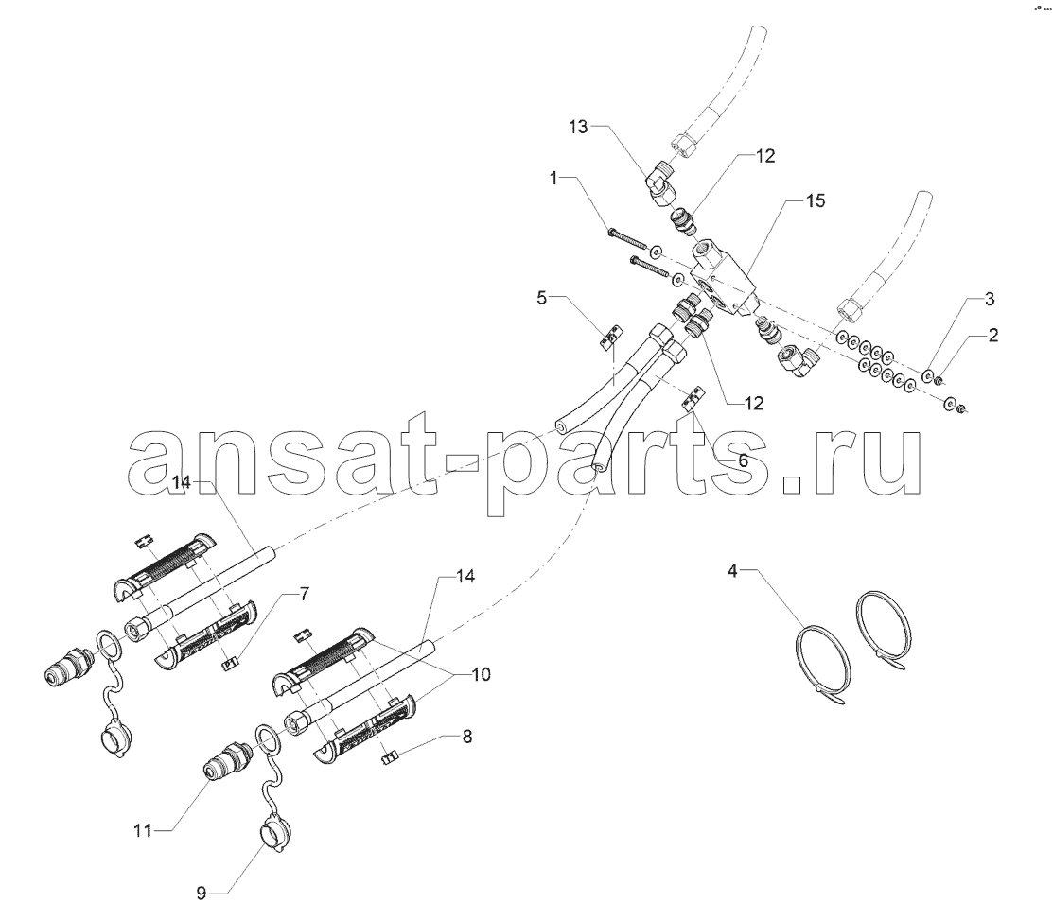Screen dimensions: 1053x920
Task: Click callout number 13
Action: (x=578, y=126)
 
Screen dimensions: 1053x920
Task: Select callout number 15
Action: (x=816, y=200)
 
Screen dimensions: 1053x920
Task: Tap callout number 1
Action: (x=553, y=178)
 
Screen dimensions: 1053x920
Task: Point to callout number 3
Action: (x=990, y=299)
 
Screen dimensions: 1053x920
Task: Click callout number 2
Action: (x=992, y=334)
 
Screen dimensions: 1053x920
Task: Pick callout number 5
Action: (x=542, y=297)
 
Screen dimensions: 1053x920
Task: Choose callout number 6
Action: (x=742, y=461)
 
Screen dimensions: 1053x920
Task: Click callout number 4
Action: (x=732, y=571)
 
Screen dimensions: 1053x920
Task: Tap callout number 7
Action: (x=305, y=594)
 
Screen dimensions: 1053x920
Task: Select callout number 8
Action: (x=466, y=737)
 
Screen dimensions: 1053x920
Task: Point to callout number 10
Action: (x=481, y=674)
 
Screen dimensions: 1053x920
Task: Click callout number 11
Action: (x=142, y=831)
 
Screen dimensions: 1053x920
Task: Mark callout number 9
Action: (x=201, y=894)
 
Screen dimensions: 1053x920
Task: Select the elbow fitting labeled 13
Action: (x=659, y=182)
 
